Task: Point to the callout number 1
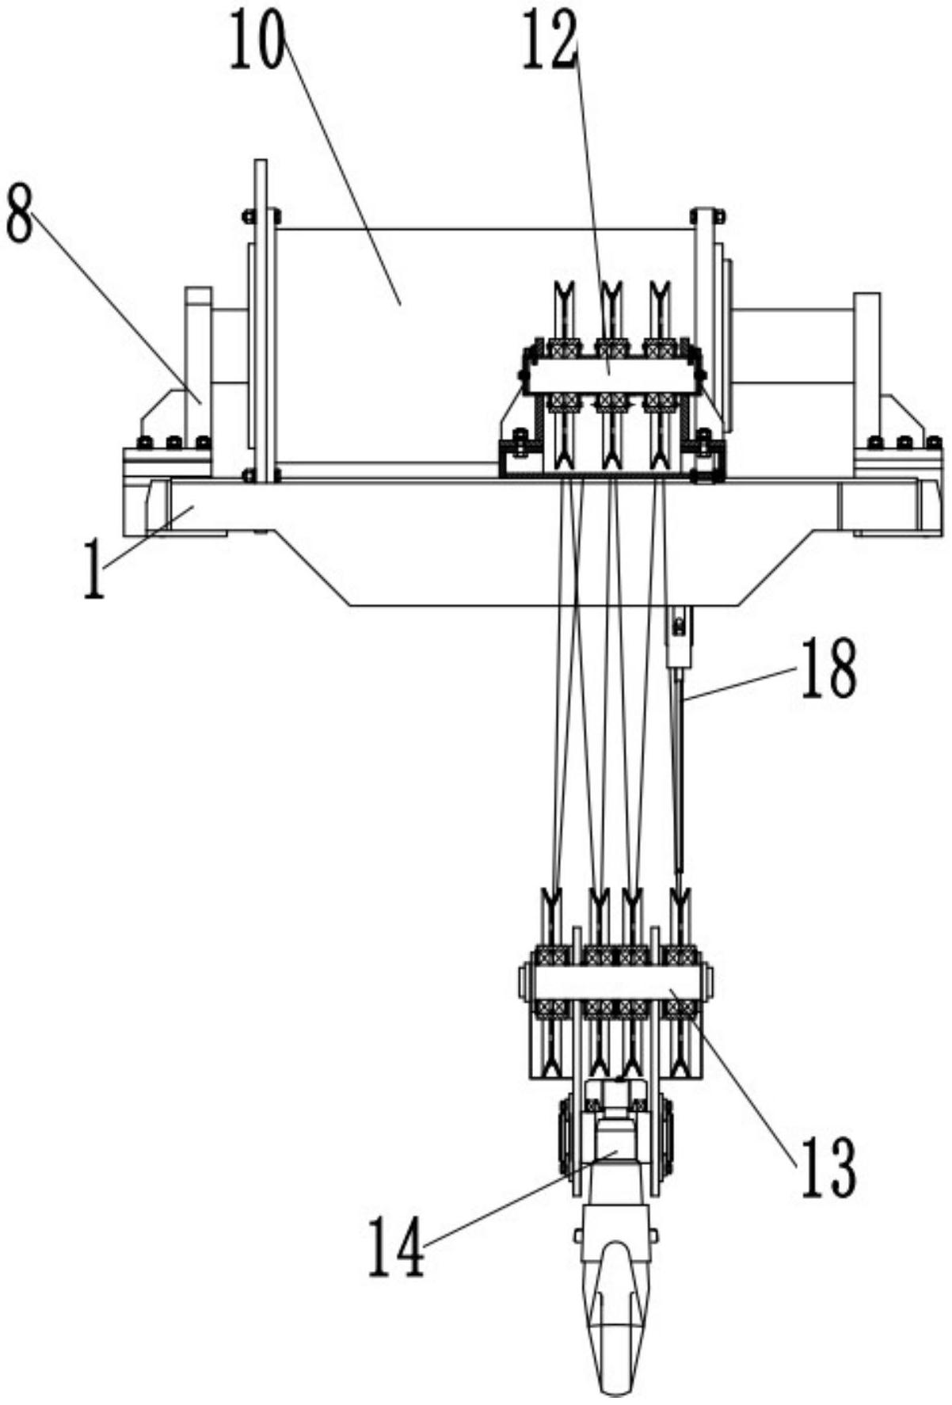(x=95, y=569)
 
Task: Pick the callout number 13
(x=828, y=1169)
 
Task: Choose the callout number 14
(x=396, y=1247)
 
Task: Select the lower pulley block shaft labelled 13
(x=615, y=983)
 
